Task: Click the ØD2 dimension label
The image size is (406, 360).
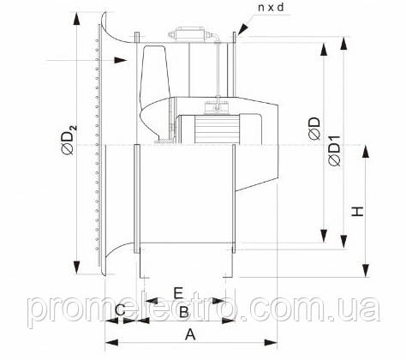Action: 69,140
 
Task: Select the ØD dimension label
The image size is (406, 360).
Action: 314,129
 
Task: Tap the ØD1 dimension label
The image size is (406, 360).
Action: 334,151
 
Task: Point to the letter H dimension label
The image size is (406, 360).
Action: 357,212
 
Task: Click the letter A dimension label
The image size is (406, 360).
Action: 190,334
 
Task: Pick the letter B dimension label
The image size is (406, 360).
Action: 184,312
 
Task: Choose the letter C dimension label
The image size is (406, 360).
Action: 121,309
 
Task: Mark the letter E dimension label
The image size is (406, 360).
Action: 178,293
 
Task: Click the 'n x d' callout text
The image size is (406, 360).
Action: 271,8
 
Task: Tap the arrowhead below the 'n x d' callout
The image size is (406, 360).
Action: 242,29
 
